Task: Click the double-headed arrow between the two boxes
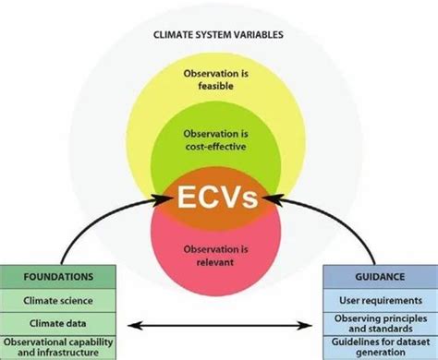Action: (x=219, y=324)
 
